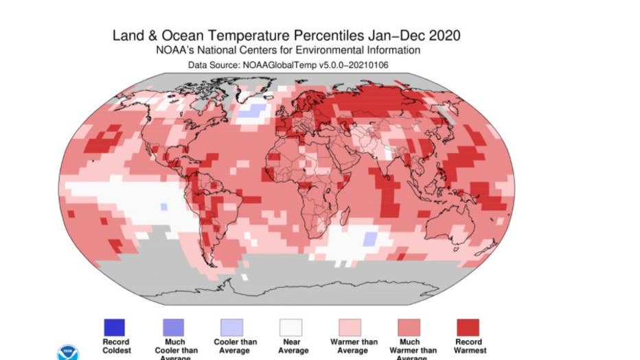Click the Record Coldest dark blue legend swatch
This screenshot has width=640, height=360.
115,327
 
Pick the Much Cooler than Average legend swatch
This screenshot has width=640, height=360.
174,327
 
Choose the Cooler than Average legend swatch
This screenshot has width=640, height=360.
233,327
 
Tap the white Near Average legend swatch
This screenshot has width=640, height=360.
293,327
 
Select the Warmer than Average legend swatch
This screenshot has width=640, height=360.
352,327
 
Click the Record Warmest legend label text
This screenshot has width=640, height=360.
470,346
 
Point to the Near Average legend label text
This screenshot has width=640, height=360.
293,346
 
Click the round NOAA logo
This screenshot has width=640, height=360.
67,353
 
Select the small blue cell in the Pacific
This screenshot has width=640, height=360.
163,206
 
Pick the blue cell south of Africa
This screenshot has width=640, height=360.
369,239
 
